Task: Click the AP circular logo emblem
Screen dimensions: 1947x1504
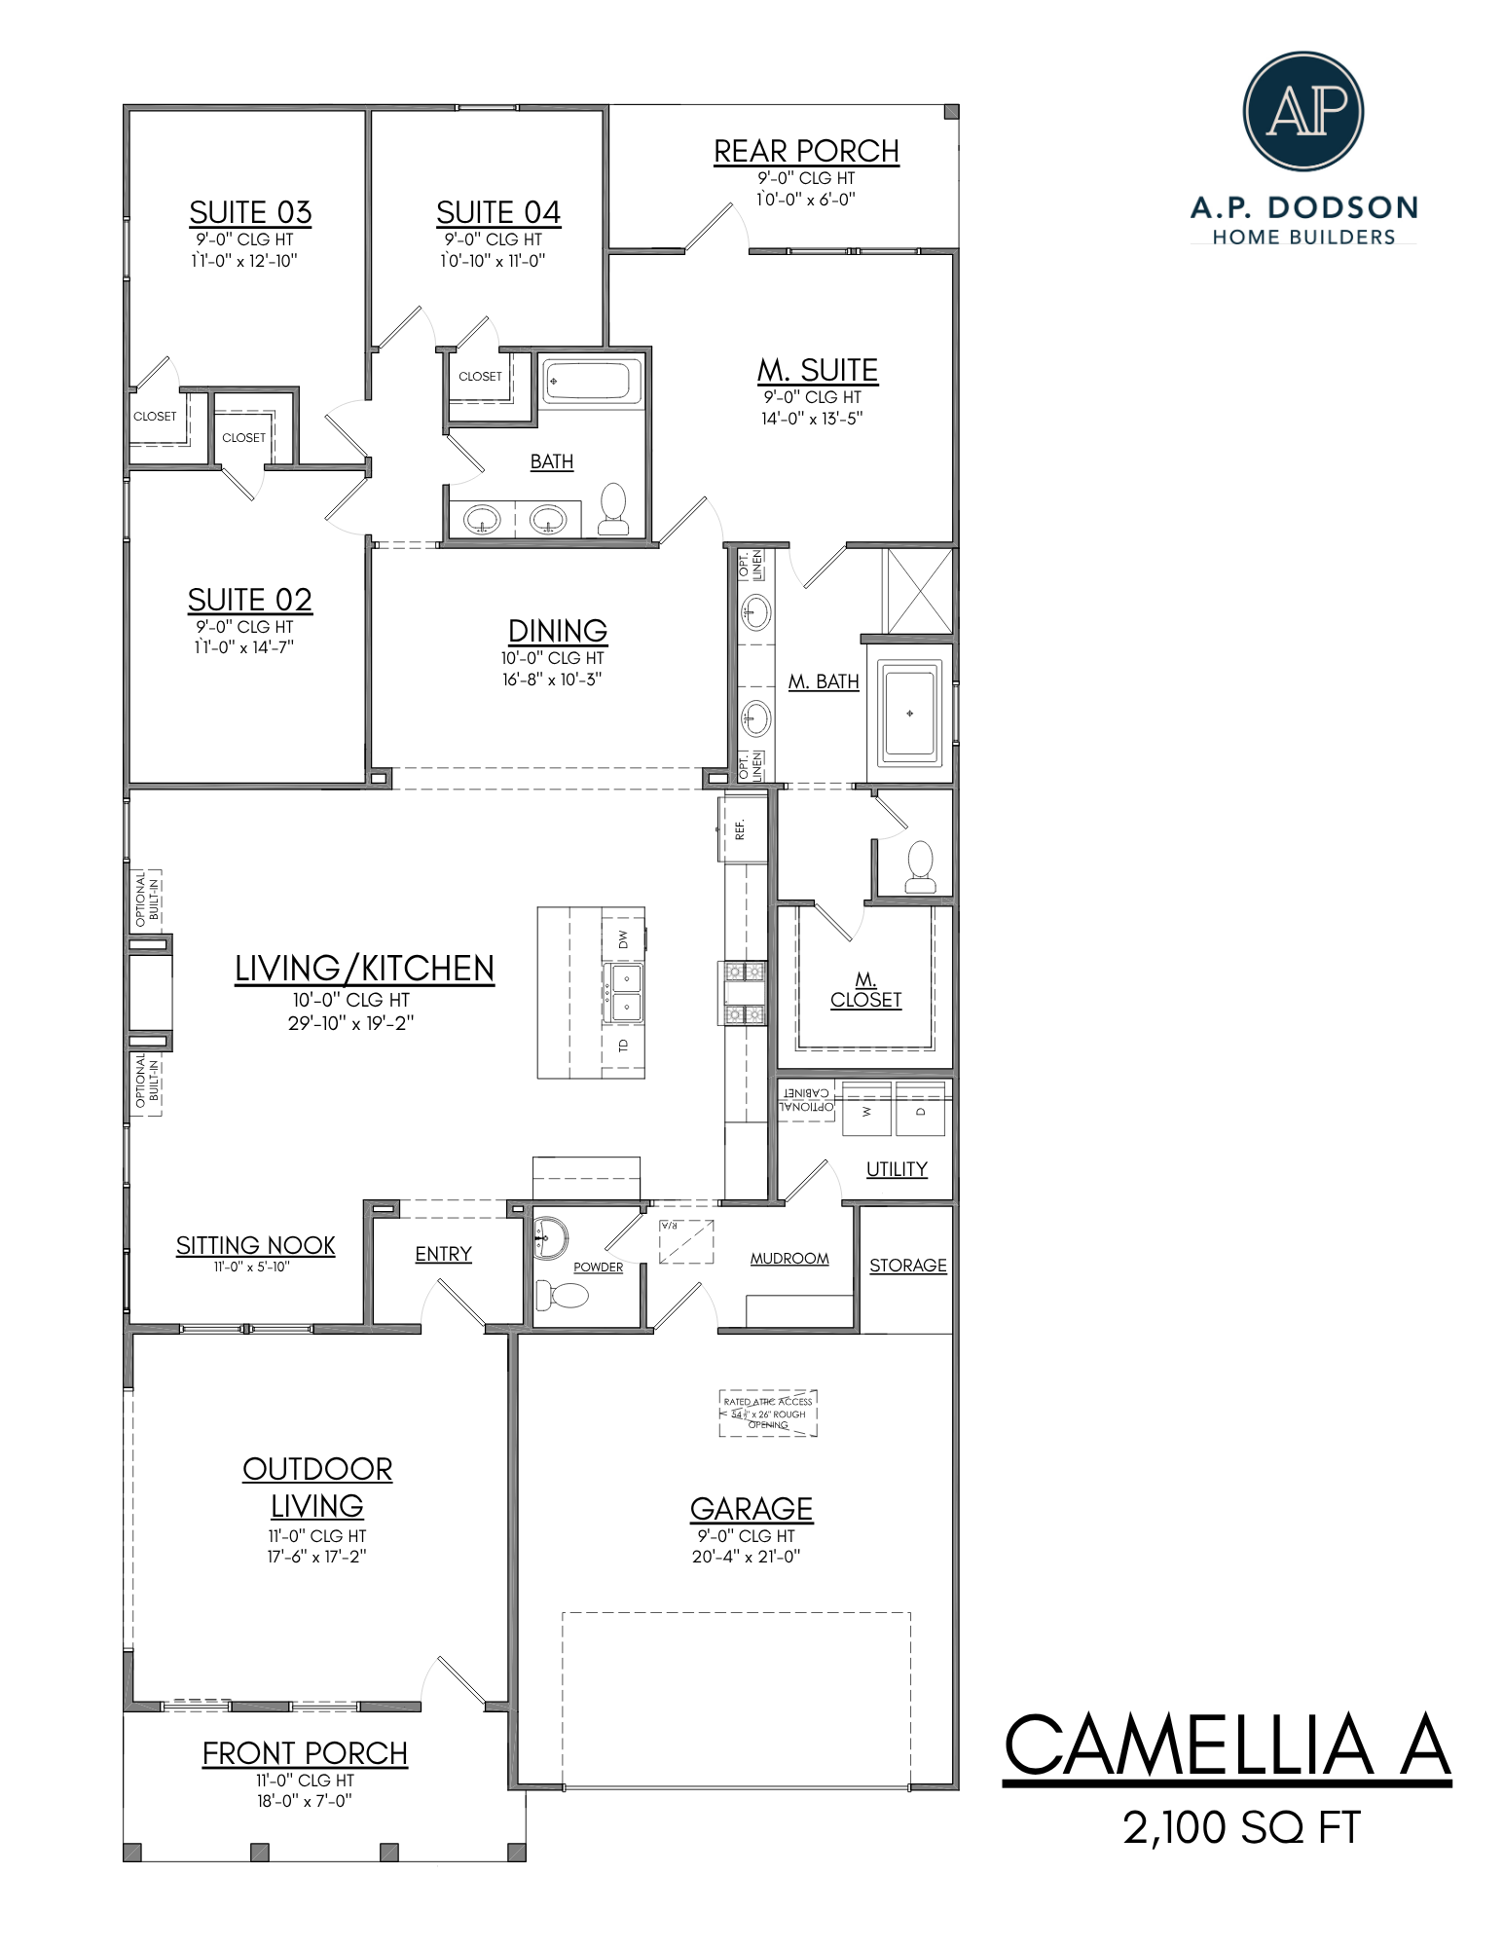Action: coord(1302,111)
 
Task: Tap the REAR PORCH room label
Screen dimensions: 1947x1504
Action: coord(806,152)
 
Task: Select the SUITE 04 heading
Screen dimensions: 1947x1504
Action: coord(497,212)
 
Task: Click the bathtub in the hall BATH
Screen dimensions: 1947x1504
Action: coord(591,381)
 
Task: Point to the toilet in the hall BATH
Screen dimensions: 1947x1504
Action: coord(613,510)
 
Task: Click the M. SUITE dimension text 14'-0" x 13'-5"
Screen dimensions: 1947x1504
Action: coord(812,419)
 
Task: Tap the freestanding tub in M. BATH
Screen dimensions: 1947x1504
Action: coord(909,713)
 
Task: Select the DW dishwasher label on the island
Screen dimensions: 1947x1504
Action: coord(623,938)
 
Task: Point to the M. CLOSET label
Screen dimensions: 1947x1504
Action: coord(865,990)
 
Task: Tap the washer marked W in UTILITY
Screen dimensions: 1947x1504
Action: coord(866,1111)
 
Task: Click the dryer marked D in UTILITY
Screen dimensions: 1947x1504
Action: coord(920,1111)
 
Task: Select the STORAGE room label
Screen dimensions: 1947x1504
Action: coord(907,1265)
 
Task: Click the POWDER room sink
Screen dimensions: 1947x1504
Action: coord(550,1237)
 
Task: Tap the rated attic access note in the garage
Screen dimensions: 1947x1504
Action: coord(768,1413)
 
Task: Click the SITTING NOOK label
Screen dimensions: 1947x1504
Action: coord(255,1245)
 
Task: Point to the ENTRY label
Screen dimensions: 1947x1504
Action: coord(443,1254)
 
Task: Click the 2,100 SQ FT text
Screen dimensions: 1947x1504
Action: coord(1241,1827)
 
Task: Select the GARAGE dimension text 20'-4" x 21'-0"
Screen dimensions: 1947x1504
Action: coord(746,1557)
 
